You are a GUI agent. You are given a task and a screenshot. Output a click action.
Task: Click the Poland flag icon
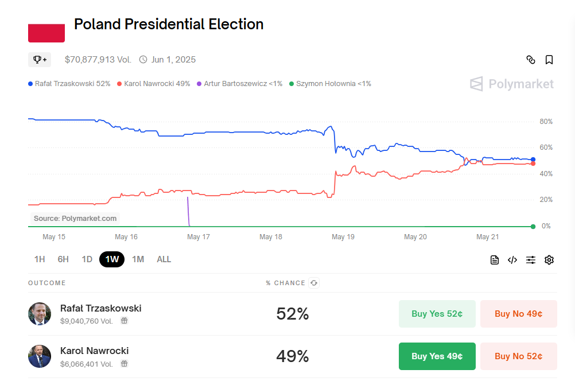(x=46, y=33)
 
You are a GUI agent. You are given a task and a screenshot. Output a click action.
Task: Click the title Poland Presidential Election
(x=169, y=24)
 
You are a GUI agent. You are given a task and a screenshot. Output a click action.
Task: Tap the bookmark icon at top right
(x=549, y=60)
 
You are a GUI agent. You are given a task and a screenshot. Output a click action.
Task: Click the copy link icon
(x=531, y=60)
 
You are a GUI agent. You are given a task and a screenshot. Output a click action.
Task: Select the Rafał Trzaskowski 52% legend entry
(x=69, y=84)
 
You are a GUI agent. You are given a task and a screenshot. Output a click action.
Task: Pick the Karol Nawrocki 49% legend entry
(x=153, y=84)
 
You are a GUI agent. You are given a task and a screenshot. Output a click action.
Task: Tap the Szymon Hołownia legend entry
(x=330, y=84)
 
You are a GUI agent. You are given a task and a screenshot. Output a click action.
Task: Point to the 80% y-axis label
(x=546, y=122)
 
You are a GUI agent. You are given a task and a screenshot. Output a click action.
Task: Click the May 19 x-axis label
(x=343, y=237)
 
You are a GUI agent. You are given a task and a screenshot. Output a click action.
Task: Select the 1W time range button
(x=112, y=259)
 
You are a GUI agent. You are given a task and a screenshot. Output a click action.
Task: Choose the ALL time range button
(x=164, y=259)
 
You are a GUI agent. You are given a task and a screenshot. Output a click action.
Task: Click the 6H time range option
(x=63, y=259)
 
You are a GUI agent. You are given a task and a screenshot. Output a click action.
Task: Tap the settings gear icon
(x=549, y=260)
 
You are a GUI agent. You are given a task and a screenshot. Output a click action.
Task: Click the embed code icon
(x=512, y=260)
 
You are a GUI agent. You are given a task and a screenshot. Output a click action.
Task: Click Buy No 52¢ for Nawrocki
(x=518, y=356)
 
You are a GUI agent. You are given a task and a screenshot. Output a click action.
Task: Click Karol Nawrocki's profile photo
(x=40, y=356)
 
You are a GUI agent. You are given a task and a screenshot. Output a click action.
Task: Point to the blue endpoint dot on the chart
(x=533, y=160)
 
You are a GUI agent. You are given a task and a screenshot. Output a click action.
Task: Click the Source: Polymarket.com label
(x=75, y=219)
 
